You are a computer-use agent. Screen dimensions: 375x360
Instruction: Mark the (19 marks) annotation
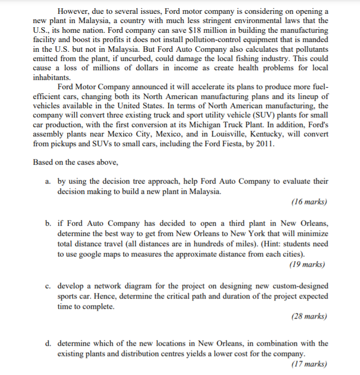[307, 265]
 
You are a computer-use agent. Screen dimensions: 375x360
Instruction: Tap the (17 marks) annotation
[308, 364]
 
